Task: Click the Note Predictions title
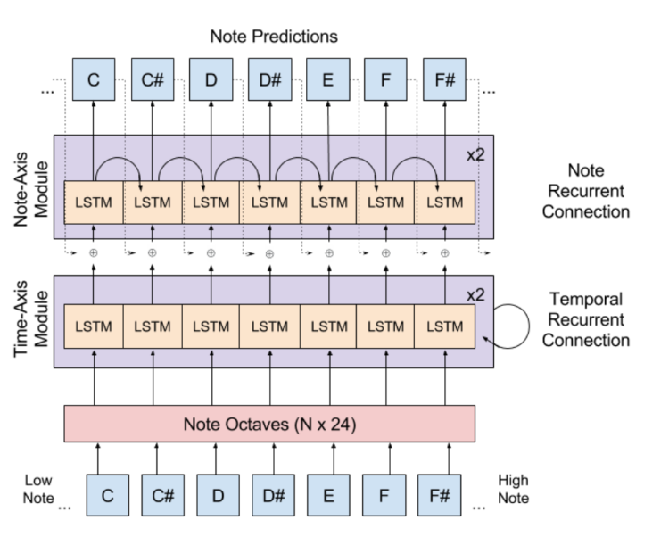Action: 273,37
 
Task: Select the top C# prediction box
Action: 152,80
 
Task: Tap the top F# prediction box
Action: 444,80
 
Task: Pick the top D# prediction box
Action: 268,80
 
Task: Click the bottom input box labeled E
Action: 328,495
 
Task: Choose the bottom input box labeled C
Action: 108,495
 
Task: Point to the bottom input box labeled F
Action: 384,495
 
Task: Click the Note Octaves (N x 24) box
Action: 269,424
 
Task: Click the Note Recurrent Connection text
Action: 585,191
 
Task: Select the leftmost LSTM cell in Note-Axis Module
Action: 94,202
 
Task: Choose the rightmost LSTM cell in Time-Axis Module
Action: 444,326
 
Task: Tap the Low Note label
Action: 38,489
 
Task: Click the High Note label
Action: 513,489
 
